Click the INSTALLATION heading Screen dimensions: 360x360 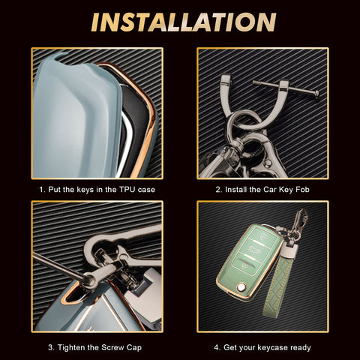[x=184, y=22]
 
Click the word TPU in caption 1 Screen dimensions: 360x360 [x=127, y=190]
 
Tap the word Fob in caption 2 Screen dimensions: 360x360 [x=302, y=190]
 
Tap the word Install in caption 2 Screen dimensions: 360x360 [x=236, y=190]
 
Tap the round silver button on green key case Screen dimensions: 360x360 [x=241, y=287]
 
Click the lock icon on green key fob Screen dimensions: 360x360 [x=262, y=236]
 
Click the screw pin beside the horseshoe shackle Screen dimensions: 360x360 [x=286, y=88]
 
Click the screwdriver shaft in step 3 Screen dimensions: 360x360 [x=58, y=266]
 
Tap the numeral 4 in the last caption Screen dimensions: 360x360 [x=216, y=347]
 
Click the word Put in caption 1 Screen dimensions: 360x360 [x=54, y=190]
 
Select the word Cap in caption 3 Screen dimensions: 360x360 [x=133, y=348]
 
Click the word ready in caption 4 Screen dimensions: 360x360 [x=299, y=348]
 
